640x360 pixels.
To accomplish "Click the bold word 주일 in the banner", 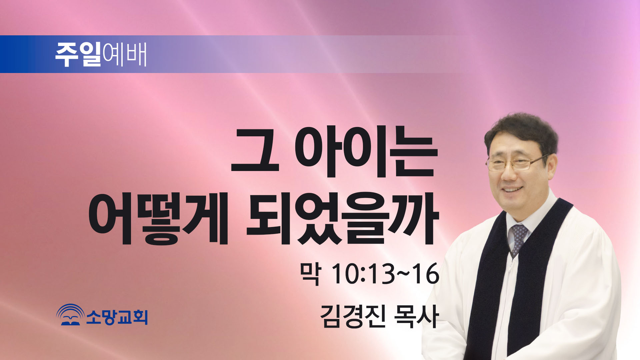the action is (x=78, y=54).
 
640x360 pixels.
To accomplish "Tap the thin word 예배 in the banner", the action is (x=125, y=54).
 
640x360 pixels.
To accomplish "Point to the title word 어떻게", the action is (x=158, y=218).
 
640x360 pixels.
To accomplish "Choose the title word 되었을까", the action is (x=342, y=218).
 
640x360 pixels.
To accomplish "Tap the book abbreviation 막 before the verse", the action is (x=310, y=274).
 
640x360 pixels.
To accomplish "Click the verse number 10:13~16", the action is (x=385, y=274).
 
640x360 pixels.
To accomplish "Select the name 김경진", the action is (x=353, y=316).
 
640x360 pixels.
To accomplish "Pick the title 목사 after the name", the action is (x=416, y=316).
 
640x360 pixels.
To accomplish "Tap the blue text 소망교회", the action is (x=117, y=317).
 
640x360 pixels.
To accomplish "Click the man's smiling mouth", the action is (x=513, y=190).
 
